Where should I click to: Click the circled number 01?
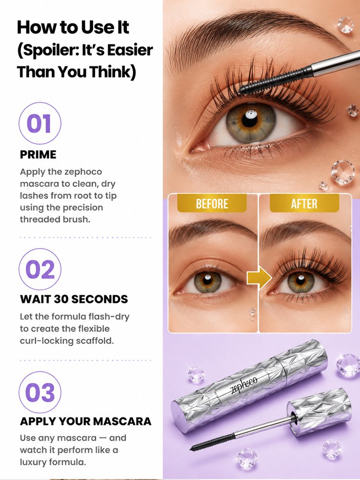(x=40, y=123)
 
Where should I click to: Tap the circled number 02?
(x=40, y=269)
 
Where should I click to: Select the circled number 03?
(x=40, y=392)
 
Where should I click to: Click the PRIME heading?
(x=38, y=155)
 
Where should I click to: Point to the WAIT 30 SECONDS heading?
(x=74, y=299)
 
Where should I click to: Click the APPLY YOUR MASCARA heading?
(x=85, y=421)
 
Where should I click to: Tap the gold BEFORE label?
(x=212, y=204)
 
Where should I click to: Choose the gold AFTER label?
(x=304, y=204)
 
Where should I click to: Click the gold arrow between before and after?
(x=259, y=278)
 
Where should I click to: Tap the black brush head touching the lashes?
(x=276, y=81)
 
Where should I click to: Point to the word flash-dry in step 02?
(x=108, y=316)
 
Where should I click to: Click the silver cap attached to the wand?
(x=319, y=411)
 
